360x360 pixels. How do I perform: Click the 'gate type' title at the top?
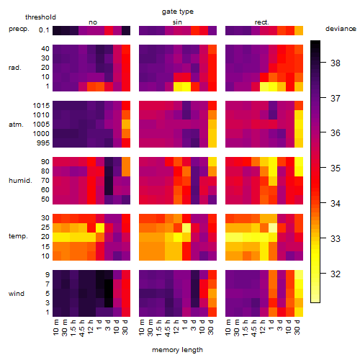(178, 12)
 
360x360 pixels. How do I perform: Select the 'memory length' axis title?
(177, 350)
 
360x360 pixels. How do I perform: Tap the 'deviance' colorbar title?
(341, 29)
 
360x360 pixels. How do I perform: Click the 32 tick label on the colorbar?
(336, 274)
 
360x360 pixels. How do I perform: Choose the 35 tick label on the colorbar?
(336, 168)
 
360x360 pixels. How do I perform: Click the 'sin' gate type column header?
(177, 22)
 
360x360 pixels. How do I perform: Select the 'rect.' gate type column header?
(261, 22)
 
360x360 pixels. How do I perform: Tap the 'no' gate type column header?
(93, 22)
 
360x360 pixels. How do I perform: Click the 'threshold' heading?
(40, 17)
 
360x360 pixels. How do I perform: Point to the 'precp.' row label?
(19, 29)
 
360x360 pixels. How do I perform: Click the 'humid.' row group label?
(20, 181)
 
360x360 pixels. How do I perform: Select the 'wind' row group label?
(17, 294)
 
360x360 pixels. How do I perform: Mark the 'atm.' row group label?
(16, 125)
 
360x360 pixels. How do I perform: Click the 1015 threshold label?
(41, 106)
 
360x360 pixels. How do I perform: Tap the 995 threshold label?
(43, 143)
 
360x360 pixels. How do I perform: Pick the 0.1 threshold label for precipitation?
(44, 30)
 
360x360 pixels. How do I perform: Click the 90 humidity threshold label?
(45, 162)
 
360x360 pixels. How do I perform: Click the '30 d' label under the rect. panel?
(297, 327)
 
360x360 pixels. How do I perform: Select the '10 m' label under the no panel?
(55, 328)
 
